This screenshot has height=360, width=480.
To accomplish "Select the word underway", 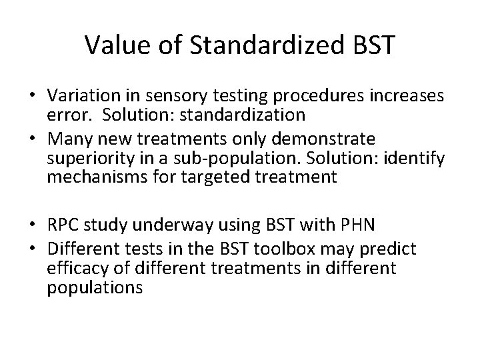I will pos(160,225).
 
